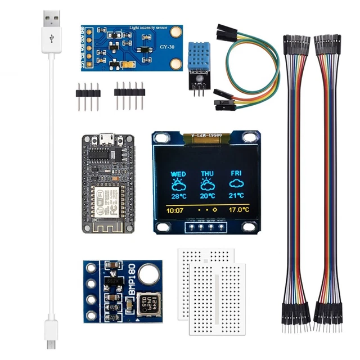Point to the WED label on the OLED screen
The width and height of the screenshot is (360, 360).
pyautogui.click(x=178, y=174)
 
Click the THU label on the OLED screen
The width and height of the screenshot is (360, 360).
pyautogui.click(x=208, y=174)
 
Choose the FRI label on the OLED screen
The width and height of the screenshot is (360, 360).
pyautogui.click(x=236, y=174)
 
